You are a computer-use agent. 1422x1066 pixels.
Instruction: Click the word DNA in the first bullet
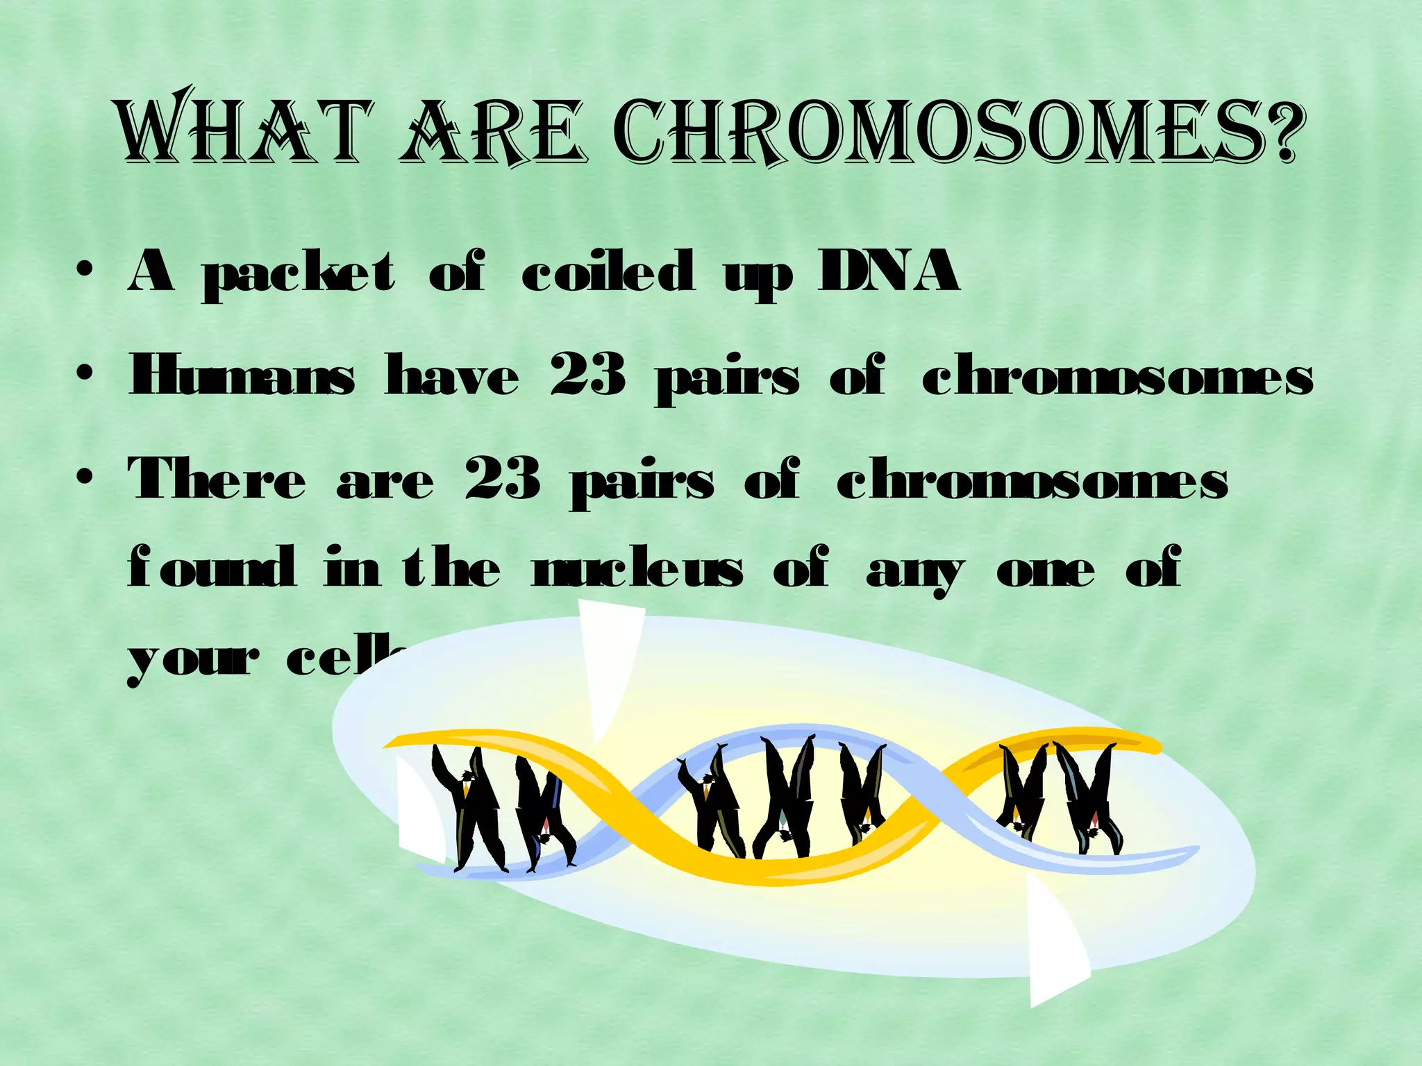pos(889,272)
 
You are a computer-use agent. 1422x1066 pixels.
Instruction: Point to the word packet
pos(299,274)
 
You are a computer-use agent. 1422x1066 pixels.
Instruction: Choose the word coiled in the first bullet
pos(608,272)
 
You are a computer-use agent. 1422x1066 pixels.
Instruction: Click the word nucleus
pos(637,569)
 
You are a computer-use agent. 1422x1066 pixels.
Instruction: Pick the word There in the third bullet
pos(217,479)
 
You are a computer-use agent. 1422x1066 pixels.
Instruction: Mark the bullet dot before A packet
pos(85,272)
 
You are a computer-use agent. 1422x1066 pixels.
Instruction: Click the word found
pos(211,568)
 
